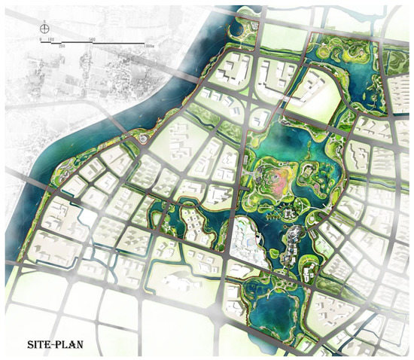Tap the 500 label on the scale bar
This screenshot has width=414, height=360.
90,38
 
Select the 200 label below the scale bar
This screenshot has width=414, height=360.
62,46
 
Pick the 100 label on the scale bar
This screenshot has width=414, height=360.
51,38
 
